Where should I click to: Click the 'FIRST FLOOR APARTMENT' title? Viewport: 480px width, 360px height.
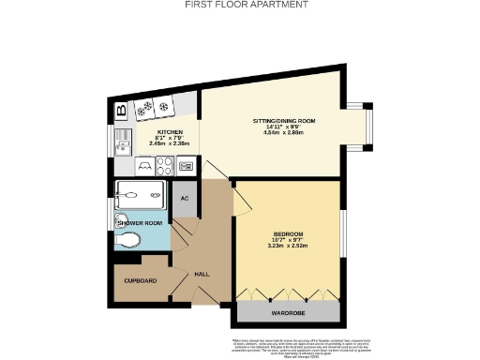tap(240, 5)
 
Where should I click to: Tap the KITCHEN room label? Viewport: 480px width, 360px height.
tap(170, 132)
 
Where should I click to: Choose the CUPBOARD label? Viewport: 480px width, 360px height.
tap(141, 280)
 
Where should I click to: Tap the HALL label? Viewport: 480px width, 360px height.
tap(201, 275)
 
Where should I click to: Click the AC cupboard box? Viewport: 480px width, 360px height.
tap(186, 199)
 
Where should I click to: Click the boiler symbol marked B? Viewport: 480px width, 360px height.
tap(122, 111)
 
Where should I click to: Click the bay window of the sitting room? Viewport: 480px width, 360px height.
tap(368, 125)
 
